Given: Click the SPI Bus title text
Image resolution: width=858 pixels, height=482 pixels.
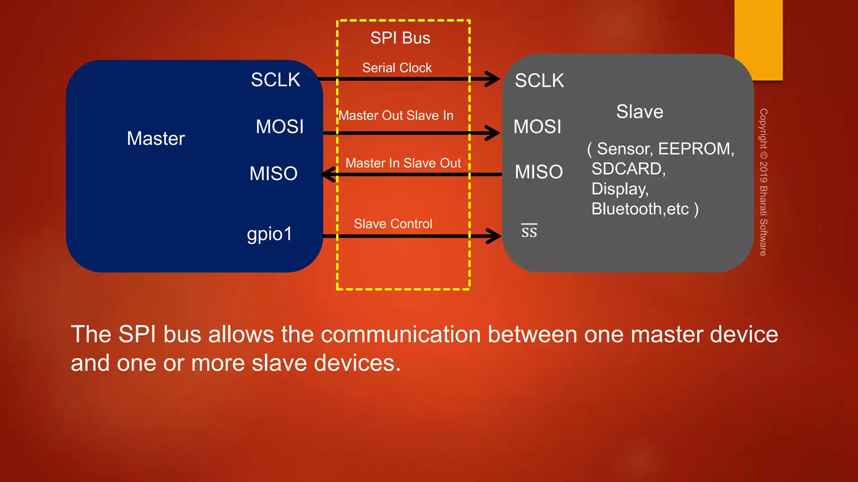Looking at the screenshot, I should click(400, 38).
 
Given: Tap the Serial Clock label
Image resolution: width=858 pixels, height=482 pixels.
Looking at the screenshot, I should click(397, 68).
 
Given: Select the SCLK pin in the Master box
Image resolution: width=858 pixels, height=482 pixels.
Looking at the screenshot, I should click(275, 80).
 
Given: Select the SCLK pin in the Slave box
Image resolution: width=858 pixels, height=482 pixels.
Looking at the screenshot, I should click(539, 81).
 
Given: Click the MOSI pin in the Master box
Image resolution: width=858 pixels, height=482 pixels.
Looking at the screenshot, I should click(279, 127).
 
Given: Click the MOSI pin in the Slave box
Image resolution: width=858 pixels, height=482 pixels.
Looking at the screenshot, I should click(537, 127).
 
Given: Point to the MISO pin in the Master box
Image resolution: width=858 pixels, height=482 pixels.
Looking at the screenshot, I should click(273, 174).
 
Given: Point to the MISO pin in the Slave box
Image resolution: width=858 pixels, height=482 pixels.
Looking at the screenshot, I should click(538, 172).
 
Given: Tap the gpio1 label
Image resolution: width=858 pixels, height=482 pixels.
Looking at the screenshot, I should click(269, 234).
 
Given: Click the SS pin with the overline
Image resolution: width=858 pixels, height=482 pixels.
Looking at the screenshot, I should click(529, 231).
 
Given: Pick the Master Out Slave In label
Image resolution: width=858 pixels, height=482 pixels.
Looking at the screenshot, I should click(396, 115).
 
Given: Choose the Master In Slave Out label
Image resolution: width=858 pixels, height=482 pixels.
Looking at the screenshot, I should click(403, 163).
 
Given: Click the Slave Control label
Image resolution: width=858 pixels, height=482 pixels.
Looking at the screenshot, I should click(393, 224).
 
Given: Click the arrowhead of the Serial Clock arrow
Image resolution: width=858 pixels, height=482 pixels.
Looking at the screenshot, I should click(492, 79).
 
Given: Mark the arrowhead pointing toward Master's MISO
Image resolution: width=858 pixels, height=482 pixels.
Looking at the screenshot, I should click(329, 174).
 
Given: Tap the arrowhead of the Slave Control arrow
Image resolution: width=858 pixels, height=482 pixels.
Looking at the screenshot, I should click(493, 236).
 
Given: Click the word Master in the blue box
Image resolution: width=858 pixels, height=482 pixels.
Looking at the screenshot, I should click(155, 138).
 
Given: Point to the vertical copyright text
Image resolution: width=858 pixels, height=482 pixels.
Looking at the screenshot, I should click(763, 182).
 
